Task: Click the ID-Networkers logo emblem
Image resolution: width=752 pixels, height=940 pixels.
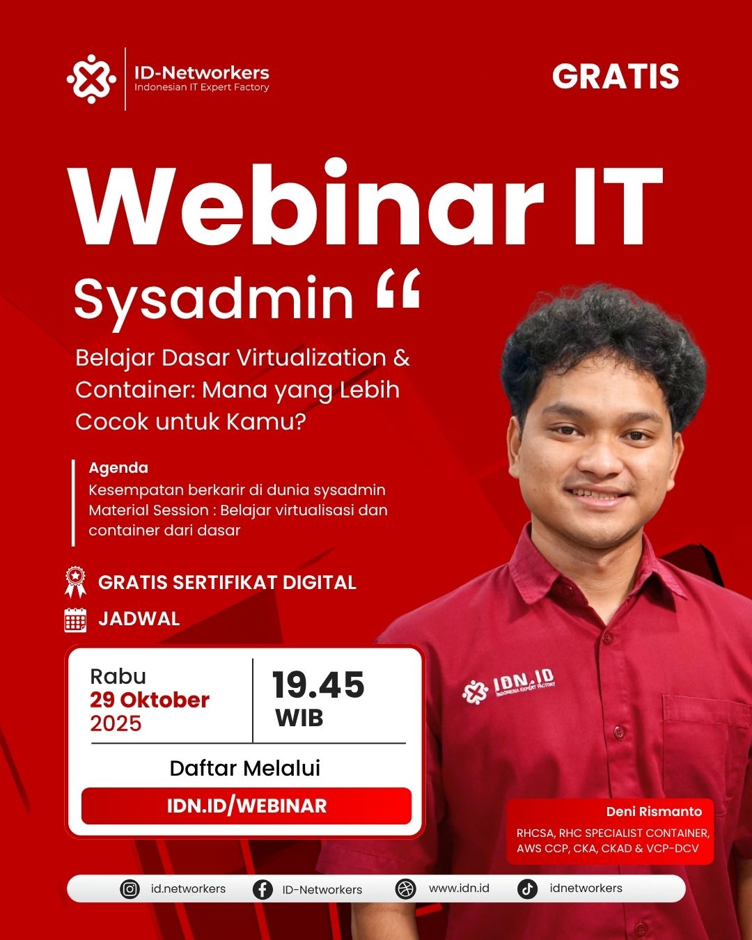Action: (x=91, y=79)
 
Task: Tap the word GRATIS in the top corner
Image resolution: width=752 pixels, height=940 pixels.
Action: (x=616, y=77)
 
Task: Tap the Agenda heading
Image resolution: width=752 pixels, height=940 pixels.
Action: (x=118, y=468)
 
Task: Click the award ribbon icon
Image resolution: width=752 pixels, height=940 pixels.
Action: (x=76, y=582)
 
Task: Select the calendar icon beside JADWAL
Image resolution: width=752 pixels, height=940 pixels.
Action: (x=75, y=620)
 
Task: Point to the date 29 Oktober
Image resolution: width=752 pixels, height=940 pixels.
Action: (x=150, y=700)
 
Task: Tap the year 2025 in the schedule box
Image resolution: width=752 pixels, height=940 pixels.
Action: (x=116, y=723)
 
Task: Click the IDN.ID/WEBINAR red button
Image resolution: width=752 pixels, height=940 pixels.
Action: (x=246, y=806)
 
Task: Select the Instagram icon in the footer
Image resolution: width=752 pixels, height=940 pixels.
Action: (x=130, y=889)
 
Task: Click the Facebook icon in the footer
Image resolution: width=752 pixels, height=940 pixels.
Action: (x=263, y=889)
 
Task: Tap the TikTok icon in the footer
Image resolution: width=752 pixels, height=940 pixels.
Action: (x=527, y=889)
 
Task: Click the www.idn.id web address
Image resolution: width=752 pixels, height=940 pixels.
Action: (x=459, y=888)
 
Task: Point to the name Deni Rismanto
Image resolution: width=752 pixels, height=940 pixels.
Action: (x=654, y=812)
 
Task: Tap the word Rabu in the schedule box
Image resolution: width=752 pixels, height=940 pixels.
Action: (x=118, y=677)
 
